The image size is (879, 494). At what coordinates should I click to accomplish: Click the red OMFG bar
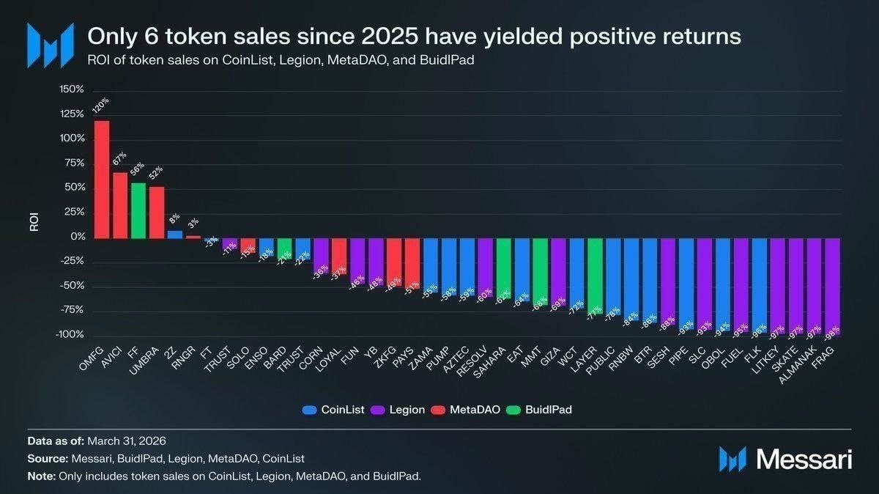tap(102, 180)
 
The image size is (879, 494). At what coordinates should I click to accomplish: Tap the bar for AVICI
tap(120, 205)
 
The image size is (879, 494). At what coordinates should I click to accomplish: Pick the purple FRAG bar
tap(832, 286)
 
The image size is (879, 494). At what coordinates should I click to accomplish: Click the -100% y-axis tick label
tap(70, 335)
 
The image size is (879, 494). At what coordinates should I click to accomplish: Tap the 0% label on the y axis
tap(78, 237)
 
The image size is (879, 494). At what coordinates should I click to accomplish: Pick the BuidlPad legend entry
tap(544, 410)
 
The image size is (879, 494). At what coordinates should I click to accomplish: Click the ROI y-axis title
tap(34, 222)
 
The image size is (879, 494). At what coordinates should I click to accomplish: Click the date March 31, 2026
tap(127, 441)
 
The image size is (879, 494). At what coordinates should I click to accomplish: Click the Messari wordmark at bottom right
tap(804, 460)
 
